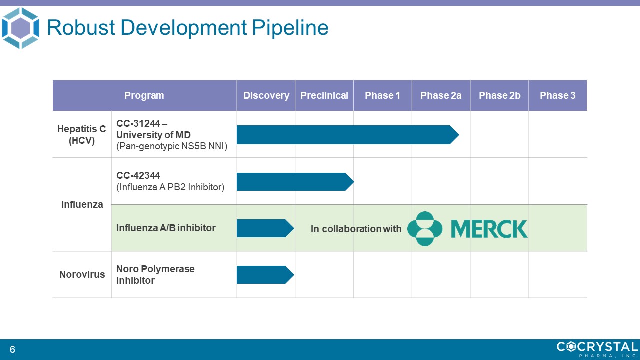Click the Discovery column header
click(x=266, y=95)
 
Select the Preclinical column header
click(x=324, y=95)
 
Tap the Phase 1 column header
click(x=383, y=95)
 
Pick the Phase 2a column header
click(x=441, y=95)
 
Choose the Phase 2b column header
click(x=499, y=95)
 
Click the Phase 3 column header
click(x=558, y=95)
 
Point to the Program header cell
click(x=144, y=95)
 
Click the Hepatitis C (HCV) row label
click(x=82, y=135)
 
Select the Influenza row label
click(x=82, y=205)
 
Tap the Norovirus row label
click(x=82, y=275)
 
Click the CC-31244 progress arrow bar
click(x=348, y=135)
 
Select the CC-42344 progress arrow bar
click(x=295, y=182)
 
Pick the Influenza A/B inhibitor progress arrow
click(x=265, y=228)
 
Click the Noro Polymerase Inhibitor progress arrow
click(x=265, y=275)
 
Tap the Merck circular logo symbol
click(x=425, y=229)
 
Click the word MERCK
click(x=489, y=229)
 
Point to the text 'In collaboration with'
click(x=356, y=229)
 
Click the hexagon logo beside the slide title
click(x=20, y=28)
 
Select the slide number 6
click(x=12, y=349)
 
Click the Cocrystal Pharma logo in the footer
click(x=597, y=349)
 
